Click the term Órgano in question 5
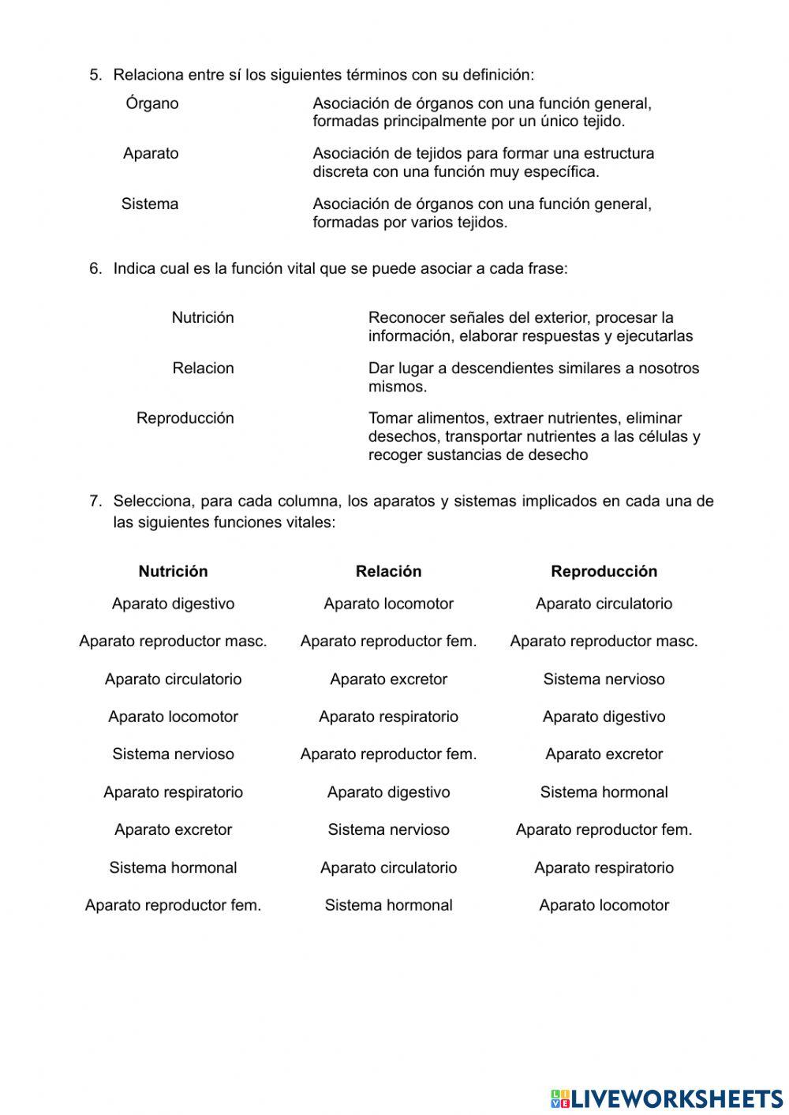pos(151,103)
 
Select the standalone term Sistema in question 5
pos(150,204)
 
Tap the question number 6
pos(95,268)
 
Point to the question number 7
pos(95,501)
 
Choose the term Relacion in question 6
pos(203,369)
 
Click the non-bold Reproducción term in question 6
pos(185,418)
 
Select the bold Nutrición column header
pos(173,571)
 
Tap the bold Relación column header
pos(388,571)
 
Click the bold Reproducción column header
pos(604,571)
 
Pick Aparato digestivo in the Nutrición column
pos(173,604)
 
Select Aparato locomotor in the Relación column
pos(388,604)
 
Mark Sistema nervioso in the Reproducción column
pos(604,679)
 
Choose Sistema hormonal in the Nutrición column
pos(173,868)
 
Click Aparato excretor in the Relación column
pos(388,679)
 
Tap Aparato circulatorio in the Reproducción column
pos(604,604)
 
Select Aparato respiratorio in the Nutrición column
pos(173,792)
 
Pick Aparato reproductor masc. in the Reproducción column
pos(604,642)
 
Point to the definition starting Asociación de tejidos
pos(483,163)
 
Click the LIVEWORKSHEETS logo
pos(667,1098)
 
